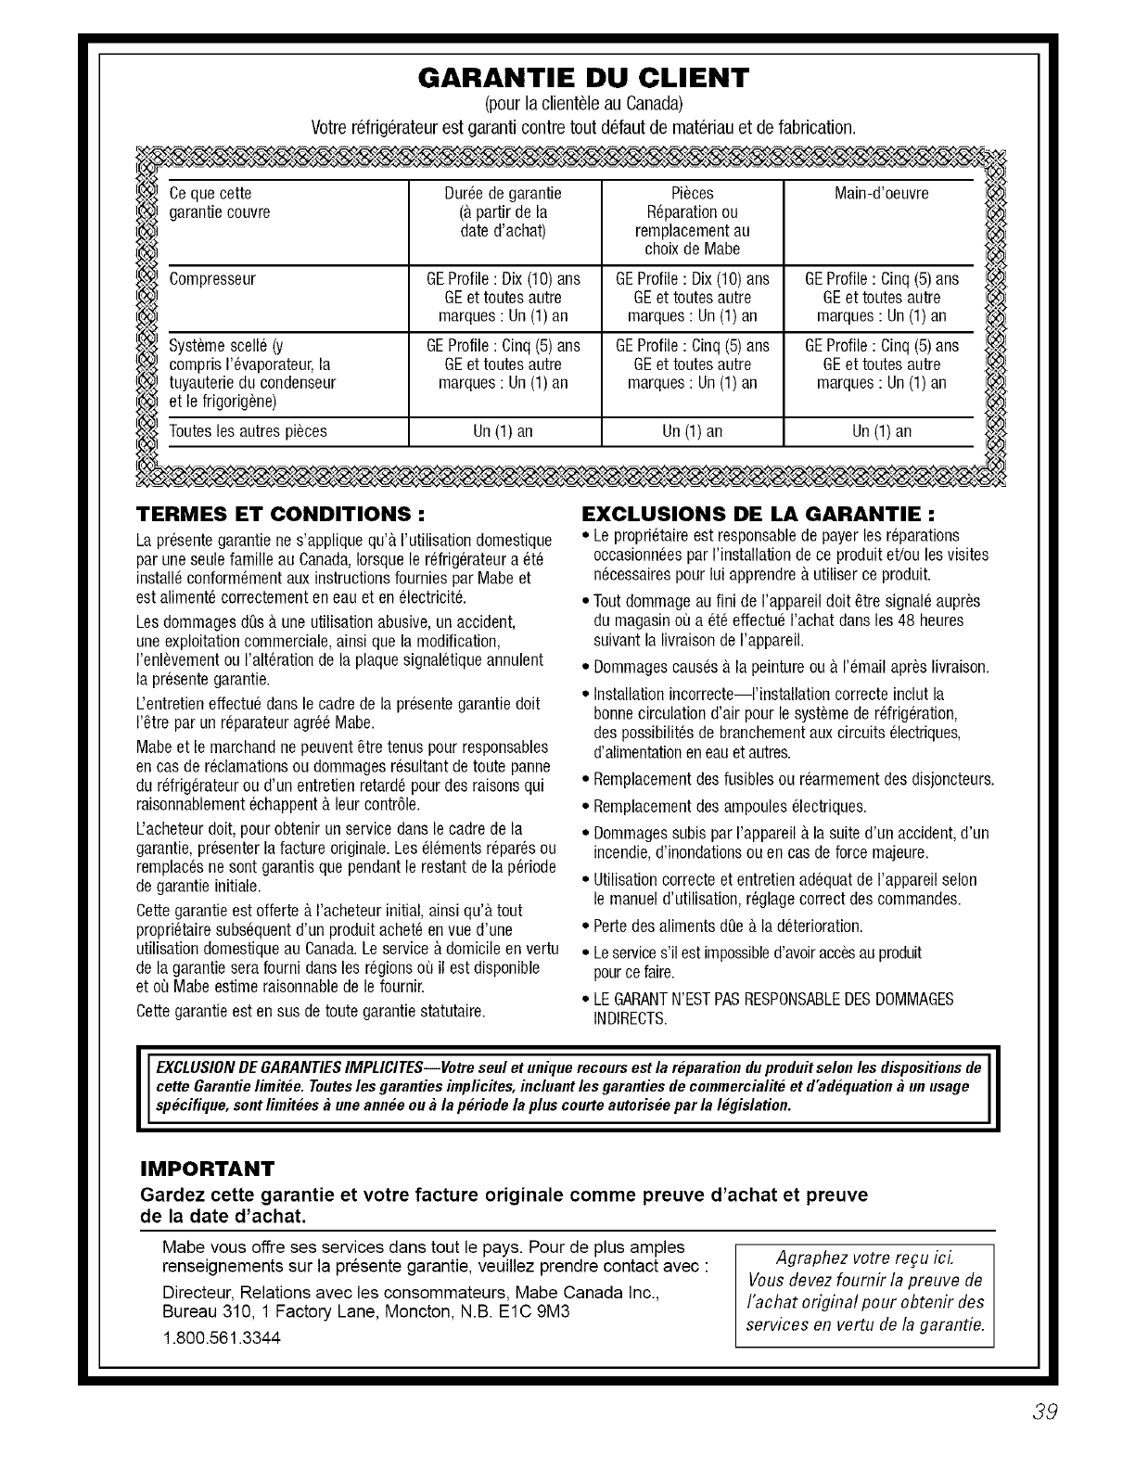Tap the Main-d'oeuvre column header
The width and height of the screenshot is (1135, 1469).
tap(881, 194)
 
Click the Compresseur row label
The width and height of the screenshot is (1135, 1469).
tap(213, 279)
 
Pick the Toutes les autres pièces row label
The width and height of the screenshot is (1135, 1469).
tap(249, 431)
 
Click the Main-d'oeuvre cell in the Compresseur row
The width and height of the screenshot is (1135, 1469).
tap(881, 298)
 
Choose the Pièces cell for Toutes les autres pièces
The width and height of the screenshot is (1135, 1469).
tap(692, 431)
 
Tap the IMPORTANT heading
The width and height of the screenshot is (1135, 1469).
tap(207, 1167)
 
